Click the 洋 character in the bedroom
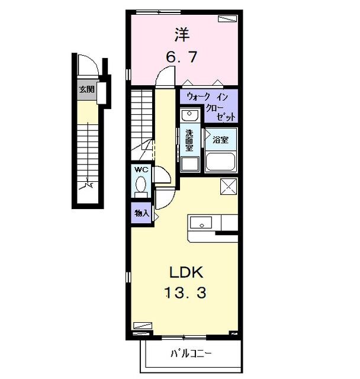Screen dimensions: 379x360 click(x=181, y=34)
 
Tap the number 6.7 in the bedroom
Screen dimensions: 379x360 click(x=181, y=57)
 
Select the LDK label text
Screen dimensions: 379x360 click(x=187, y=272)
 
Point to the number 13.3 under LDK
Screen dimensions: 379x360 click(x=187, y=293)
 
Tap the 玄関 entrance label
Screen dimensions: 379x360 click(x=86, y=89)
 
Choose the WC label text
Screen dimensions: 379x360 click(x=142, y=170)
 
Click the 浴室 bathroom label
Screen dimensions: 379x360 click(x=221, y=140)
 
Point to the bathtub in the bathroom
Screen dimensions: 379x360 click(x=221, y=162)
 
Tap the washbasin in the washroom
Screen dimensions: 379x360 click(x=189, y=114)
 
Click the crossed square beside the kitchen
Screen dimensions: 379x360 click(x=228, y=187)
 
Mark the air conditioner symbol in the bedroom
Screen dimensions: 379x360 click(x=227, y=18)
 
